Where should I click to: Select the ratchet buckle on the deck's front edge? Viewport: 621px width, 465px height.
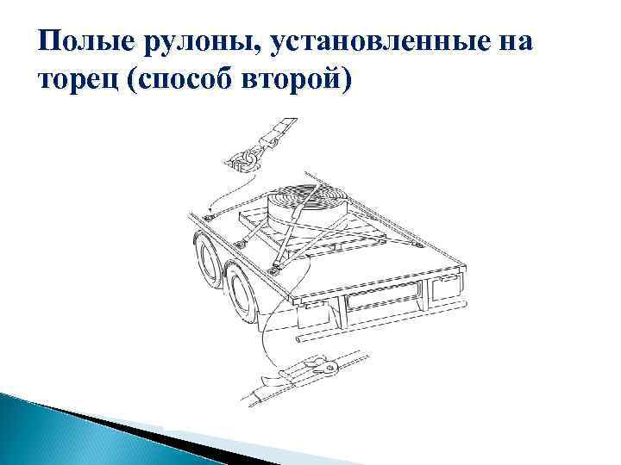[274, 270]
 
